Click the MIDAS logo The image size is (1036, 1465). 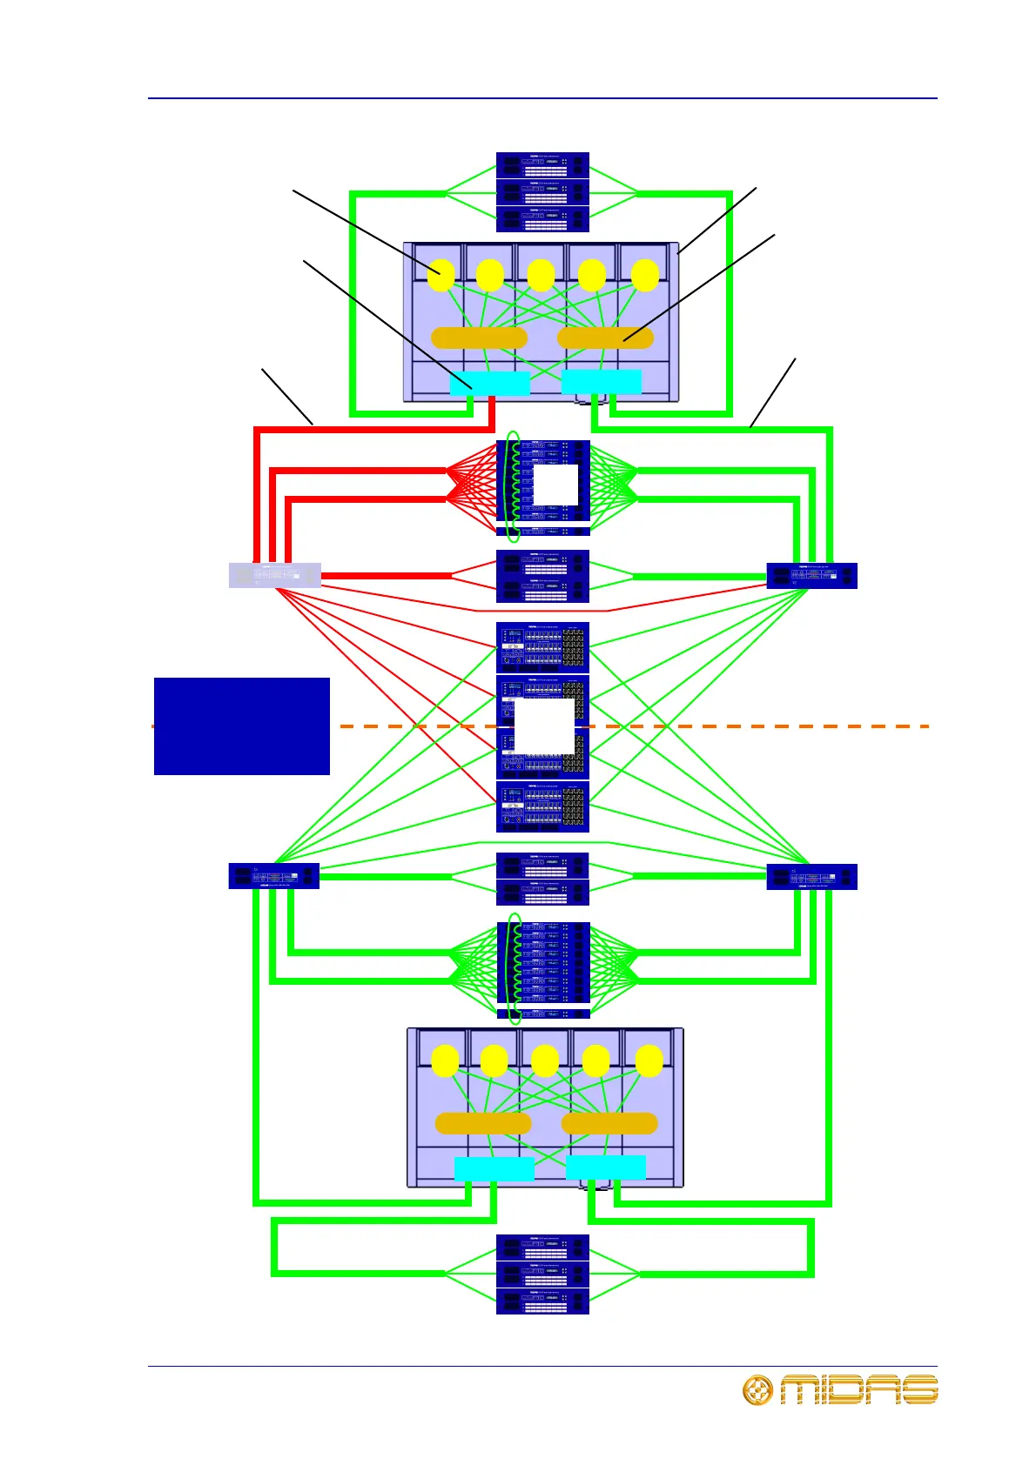coord(840,1389)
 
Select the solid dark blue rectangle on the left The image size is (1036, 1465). coord(242,726)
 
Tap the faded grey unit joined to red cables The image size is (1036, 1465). coord(274,576)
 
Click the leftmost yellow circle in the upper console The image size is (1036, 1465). coord(441,275)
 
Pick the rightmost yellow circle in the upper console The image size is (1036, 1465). coord(645,275)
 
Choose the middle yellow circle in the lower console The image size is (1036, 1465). coord(545,1060)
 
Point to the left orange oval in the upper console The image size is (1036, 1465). coord(479,338)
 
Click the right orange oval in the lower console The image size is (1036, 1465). coord(609,1123)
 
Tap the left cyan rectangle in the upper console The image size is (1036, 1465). coord(489,384)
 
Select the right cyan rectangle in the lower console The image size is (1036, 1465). coord(606,1168)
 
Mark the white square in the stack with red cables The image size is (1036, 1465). coord(555,485)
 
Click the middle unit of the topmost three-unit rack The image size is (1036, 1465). coord(542,192)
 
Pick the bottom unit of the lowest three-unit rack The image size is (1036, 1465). coord(542,1301)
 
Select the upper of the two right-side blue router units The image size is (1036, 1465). coord(811,576)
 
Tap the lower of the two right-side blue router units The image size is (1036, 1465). coord(811,876)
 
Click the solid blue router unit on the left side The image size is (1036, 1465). coord(274,876)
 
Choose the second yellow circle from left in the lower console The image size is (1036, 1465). coord(494,1060)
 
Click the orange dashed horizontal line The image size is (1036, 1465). coord(784,726)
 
